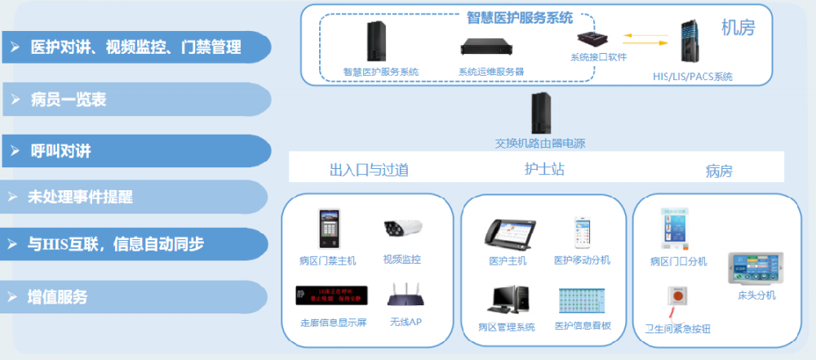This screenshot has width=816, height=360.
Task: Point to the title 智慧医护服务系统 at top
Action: (519, 17)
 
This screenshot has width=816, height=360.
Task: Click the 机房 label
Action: (738, 29)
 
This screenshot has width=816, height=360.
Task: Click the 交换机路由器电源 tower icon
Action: (539, 113)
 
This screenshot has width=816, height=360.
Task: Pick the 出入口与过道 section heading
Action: (369, 170)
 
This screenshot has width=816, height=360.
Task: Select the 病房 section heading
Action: (719, 171)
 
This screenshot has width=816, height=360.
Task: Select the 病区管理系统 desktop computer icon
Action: (508, 299)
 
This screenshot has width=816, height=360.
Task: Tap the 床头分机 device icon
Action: (756, 269)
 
